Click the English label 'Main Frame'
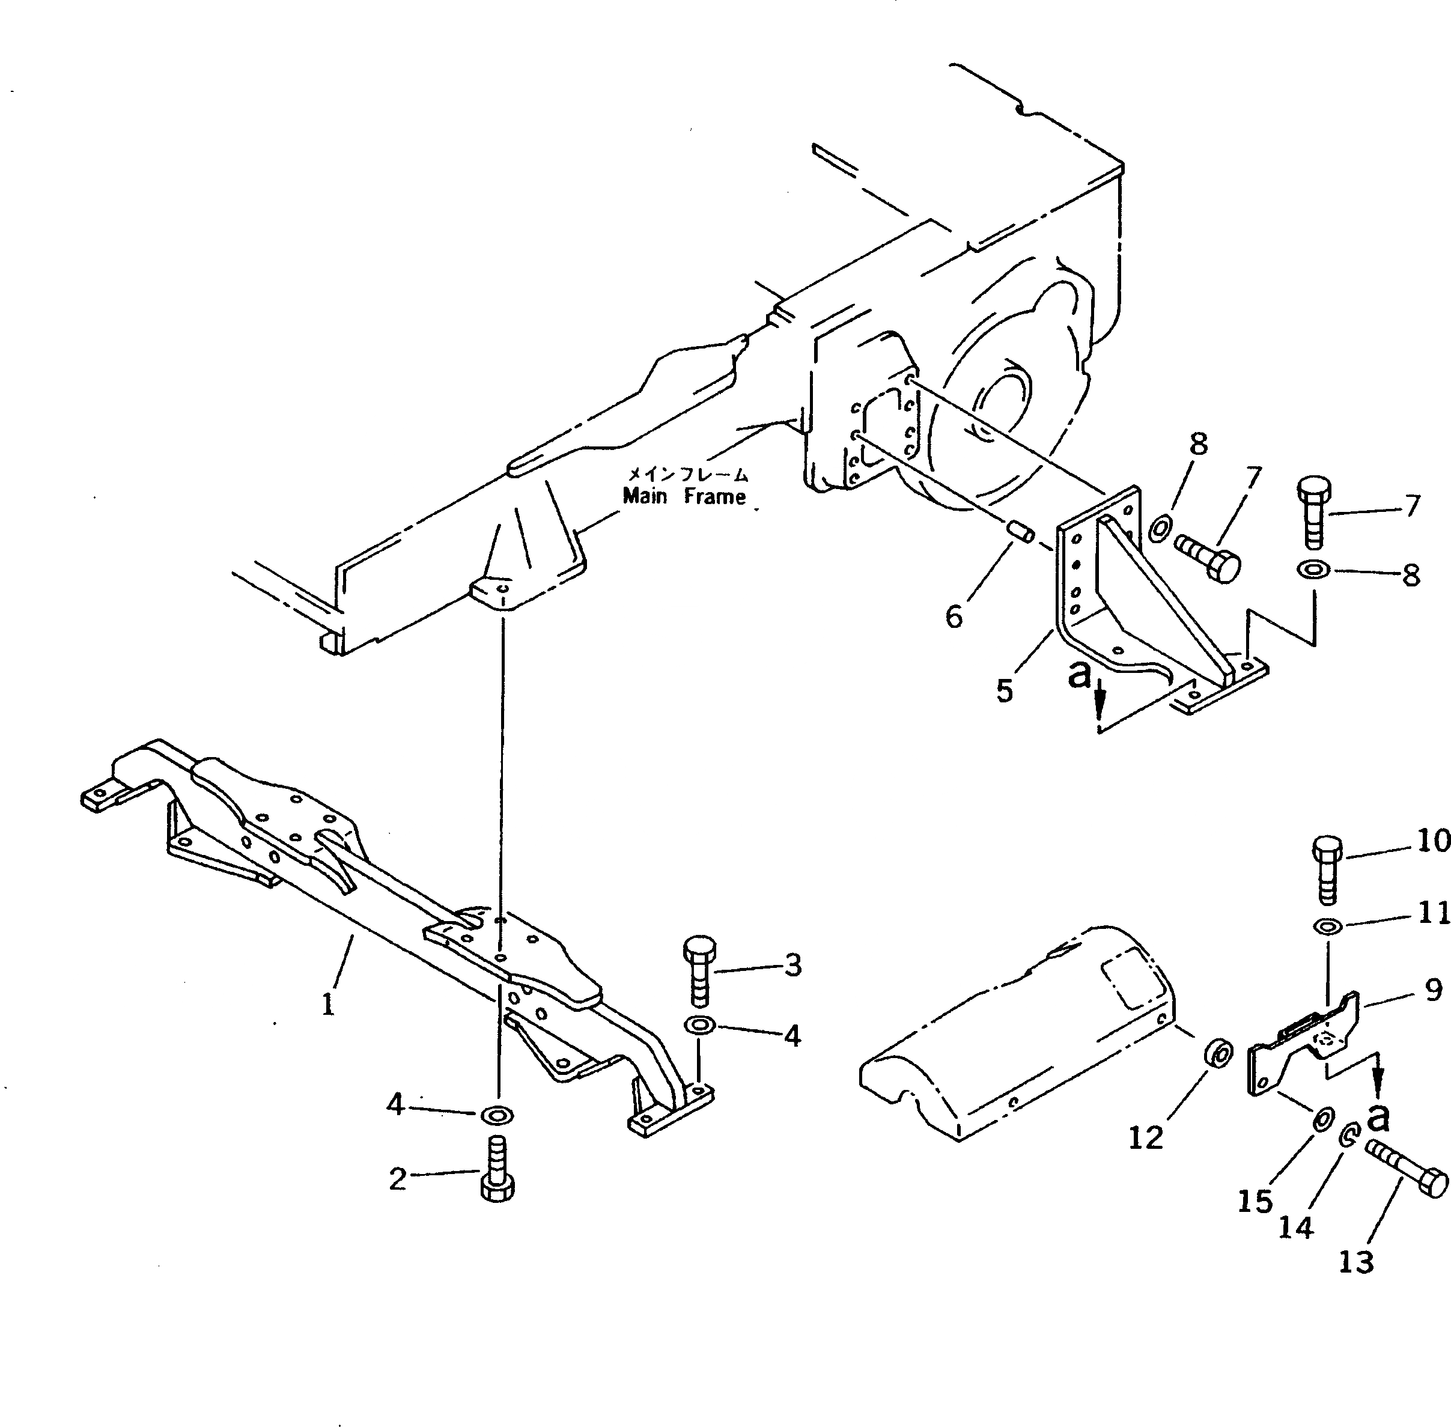pos(684,496)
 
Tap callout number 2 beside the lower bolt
pos(397,1179)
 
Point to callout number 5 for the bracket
pos(1005,690)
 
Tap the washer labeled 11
pos(1327,927)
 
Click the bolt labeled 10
pos(1327,869)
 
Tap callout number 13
pos(1356,1262)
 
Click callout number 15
pos(1255,1202)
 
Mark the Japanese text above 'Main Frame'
pos(687,473)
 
